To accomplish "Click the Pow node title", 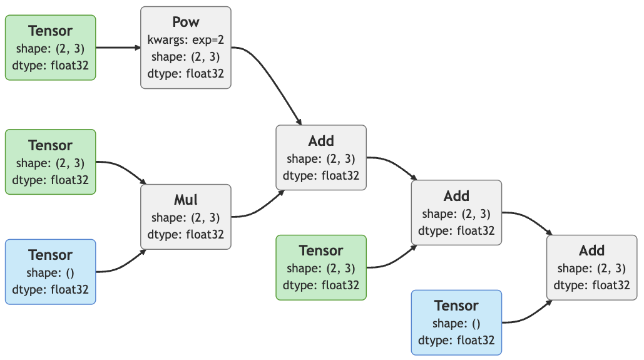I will tap(185, 22).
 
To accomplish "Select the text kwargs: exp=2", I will tap(185, 40).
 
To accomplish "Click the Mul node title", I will tap(185, 200).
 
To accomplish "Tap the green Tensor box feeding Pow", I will tap(50, 48).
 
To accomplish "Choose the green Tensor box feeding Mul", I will tap(50, 162).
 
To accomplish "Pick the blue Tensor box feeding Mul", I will tap(50, 272).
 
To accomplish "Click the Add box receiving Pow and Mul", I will tap(320, 158).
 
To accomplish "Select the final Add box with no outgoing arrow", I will tap(591, 267).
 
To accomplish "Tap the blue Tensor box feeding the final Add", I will tap(456, 322).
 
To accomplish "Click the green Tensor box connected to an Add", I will tap(320, 267).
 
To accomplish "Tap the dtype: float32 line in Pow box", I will tap(185, 74).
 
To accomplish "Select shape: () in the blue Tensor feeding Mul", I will tap(50, 272).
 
